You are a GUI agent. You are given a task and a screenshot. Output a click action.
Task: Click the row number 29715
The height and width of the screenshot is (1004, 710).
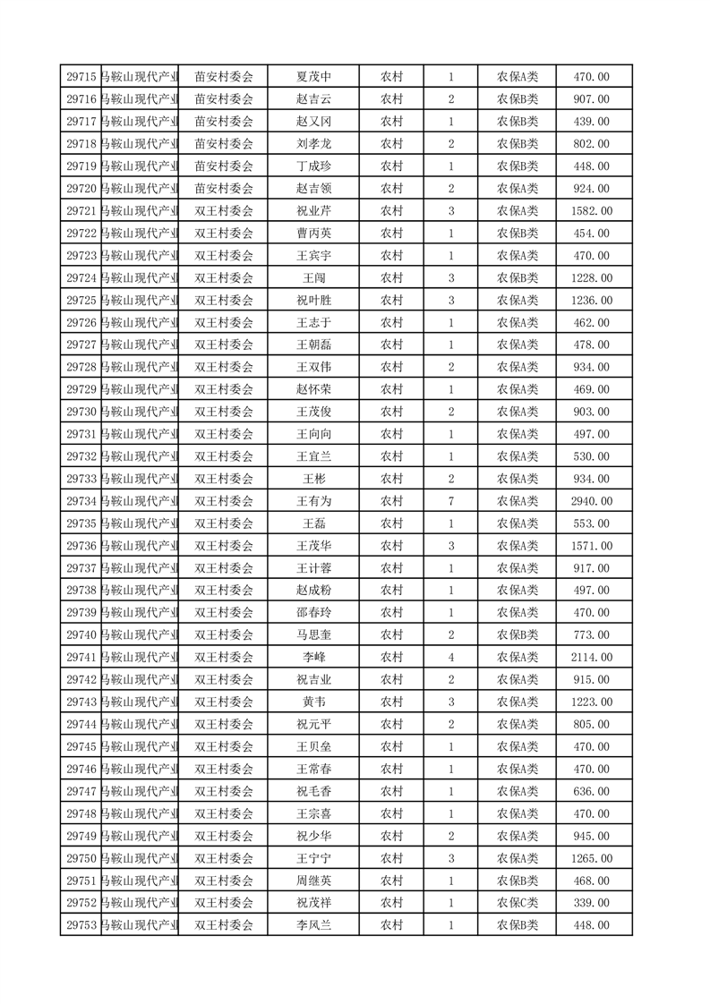click(x=81, y=77)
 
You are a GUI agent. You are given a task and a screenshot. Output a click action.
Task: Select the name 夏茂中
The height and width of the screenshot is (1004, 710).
click(x=313, y=77)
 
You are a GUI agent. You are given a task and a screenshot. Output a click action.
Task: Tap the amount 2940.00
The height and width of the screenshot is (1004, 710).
click(x=591, y=501)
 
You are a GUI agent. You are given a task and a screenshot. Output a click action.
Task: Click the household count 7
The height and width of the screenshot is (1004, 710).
click(x=450, y=501)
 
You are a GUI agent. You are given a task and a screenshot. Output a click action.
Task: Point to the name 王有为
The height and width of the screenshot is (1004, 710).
click(x=313, y=501)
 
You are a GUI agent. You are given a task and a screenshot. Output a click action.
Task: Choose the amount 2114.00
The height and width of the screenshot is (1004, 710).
click(x=591, y=658)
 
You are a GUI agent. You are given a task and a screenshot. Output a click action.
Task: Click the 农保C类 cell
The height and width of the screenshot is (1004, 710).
click(x=518, y=903)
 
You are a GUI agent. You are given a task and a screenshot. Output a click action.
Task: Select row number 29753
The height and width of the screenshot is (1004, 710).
click(x=81, y=925)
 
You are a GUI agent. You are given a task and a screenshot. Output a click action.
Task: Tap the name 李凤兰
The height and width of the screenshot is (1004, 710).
click(x=313, y=925)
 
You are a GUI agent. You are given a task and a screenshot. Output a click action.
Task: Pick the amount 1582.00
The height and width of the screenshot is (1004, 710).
click(x=591, y=211)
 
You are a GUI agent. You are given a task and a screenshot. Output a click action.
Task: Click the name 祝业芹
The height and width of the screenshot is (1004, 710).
click(x=313, y=211)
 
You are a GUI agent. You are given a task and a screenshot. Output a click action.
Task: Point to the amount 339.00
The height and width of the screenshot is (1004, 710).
click(x=591, y=903)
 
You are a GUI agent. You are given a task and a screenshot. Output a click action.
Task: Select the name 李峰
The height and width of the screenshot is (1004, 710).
click(x=313, y=658)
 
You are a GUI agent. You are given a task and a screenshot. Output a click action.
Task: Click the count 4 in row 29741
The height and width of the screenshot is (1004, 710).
click(x=450, y=658)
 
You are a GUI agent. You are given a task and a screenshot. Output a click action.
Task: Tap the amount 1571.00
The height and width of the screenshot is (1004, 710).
click(x=591, y=546)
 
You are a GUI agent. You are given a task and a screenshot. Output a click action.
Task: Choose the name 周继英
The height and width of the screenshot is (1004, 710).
click(x=313, y=881)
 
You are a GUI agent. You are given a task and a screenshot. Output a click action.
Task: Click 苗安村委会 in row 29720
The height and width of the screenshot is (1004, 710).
click(x=224, y=189)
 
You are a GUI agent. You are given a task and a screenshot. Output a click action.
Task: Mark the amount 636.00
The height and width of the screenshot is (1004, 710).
click(x=591, y=791)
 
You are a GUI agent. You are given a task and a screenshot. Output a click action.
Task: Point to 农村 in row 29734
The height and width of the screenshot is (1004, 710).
click(x=391, y=501)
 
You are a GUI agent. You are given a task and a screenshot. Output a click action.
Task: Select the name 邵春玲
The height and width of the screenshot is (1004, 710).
click(x=313, y=613)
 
